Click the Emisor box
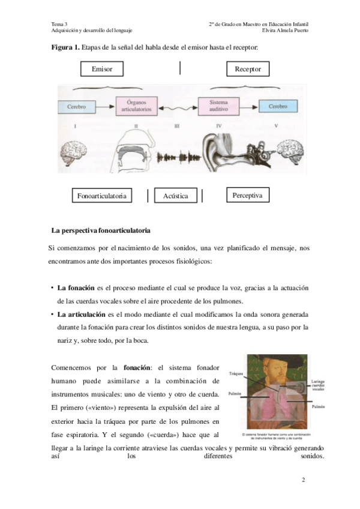pyautogui.click(x=101, y=70)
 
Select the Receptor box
pyautogui.click(x=247, y=70)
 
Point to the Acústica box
pyautogui.click(x=175, y=196)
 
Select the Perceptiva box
pyautogui.click(x=248, y=195)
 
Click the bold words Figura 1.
pyautogui.click(x=64, y=47)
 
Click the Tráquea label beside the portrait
pyautogui.click(x=236, y=373)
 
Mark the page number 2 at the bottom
pyautogui.click(x=304, y=480)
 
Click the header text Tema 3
pyautogui.click(x=60, y=23)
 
